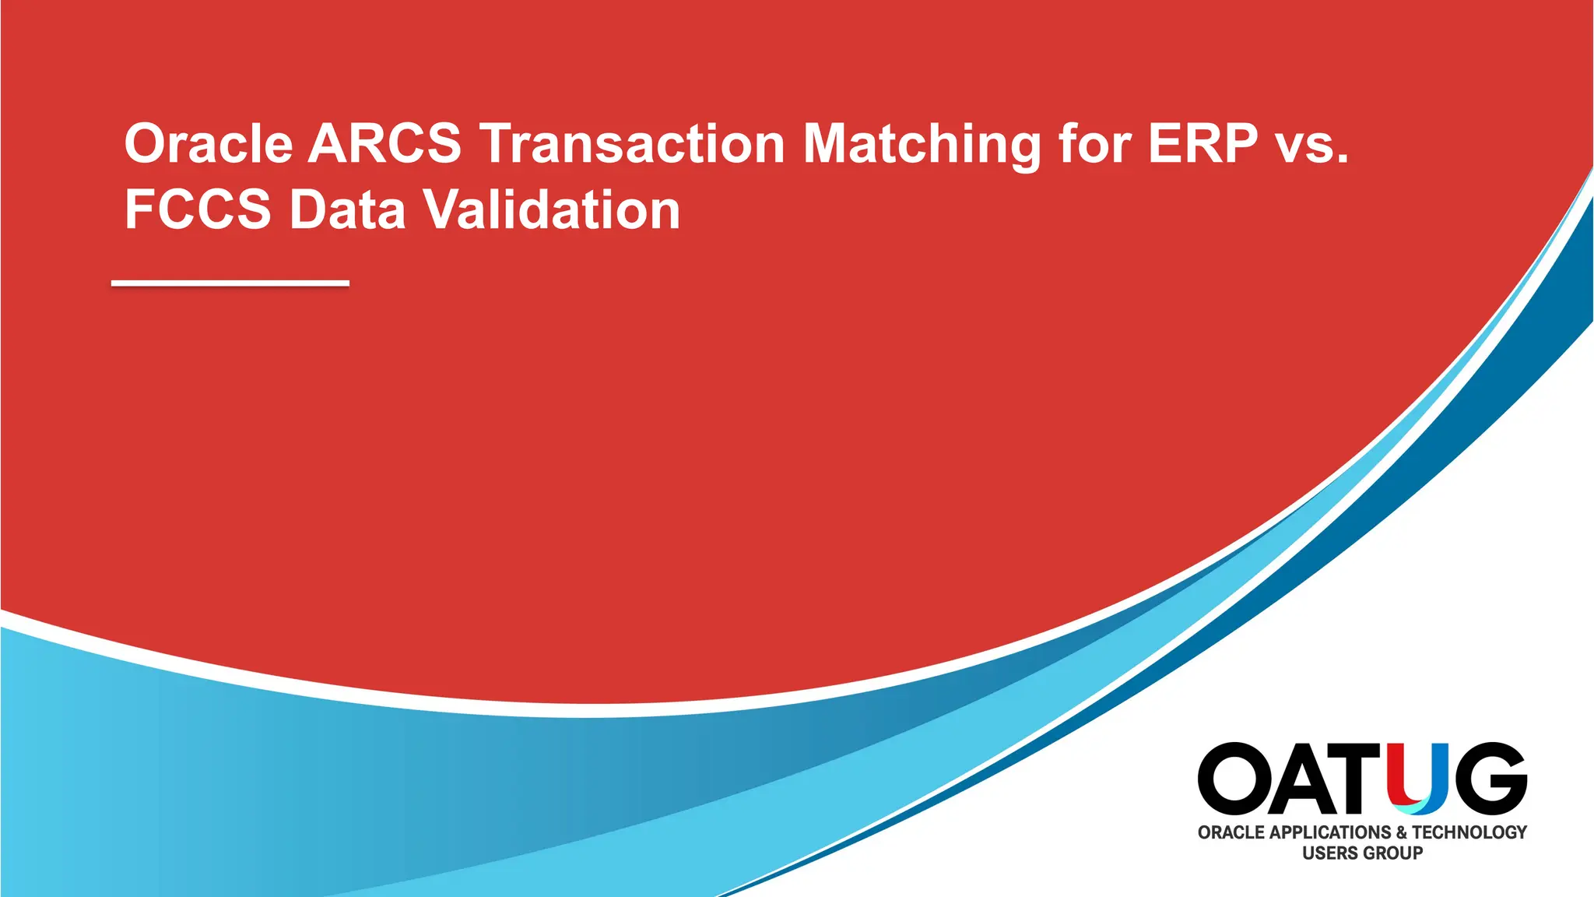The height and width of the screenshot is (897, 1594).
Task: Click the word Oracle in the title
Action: (209, 144)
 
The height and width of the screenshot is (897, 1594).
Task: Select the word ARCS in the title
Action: (384, 144)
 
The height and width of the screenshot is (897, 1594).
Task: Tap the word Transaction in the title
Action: (632, 144)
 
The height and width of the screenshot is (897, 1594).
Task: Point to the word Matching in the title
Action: (922, 146)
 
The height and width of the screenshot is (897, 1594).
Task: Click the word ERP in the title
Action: (1203, 144)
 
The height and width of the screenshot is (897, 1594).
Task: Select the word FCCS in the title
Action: (198, 209)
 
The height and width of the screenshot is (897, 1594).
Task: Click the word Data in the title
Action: (347, 209)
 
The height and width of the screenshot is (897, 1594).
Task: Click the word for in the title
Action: (1094, 144)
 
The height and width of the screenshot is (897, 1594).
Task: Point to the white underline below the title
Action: (230, 283)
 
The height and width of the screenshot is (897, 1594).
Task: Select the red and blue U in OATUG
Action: (1418, 779)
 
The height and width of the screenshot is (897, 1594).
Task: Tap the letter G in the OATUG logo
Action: (1488, 779)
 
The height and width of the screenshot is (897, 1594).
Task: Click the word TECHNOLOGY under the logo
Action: (1469, 832)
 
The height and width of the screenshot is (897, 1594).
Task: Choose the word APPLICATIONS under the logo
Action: (1330, 832)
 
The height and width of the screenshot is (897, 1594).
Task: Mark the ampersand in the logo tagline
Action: (1401, 832)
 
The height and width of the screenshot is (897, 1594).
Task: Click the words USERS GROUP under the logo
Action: (1362, 853)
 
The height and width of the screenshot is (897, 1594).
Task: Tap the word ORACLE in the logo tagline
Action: (1231, 832)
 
